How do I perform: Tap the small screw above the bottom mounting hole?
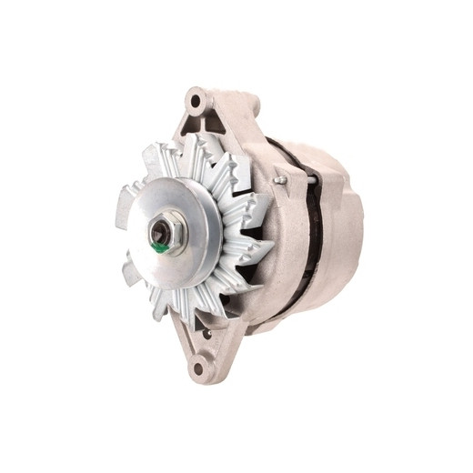pos(208,333)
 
